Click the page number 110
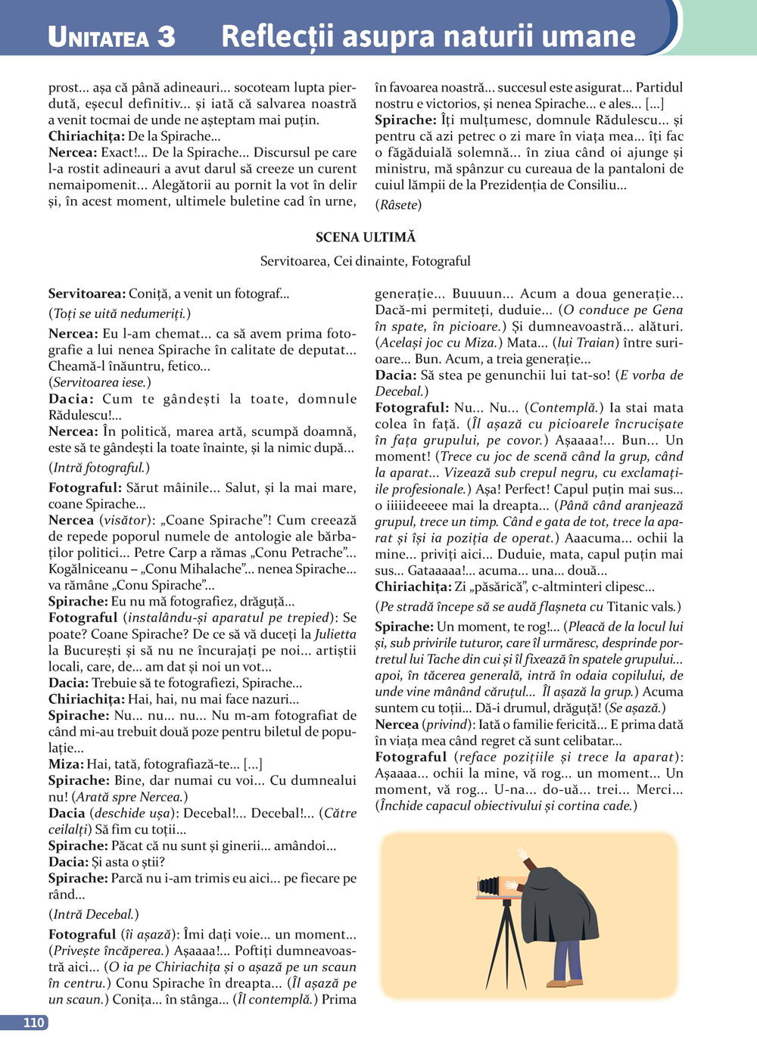point(33,1022)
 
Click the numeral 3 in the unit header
point(166,36)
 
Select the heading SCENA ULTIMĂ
point(366,237)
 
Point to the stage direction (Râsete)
point(398,204)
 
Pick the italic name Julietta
point(335,633)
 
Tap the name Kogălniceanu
point(92,568)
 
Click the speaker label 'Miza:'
point(66,764)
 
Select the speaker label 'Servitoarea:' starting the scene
point(86,294)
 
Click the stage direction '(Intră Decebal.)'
point(93,914)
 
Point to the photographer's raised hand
point(522,853)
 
